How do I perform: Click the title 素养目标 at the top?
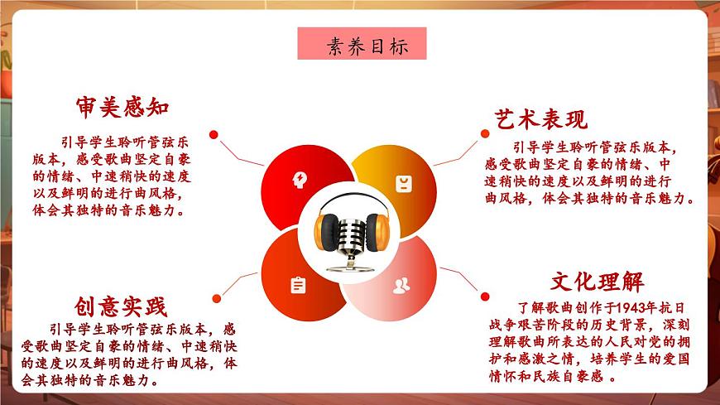pyautogui.click(x=362, y=45)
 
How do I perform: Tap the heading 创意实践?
pyautogui.click(x=121, y=307)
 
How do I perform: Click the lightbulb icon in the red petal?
pyautogui.click(x=298, y=178)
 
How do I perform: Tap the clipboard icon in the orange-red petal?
pyautogui.click(x=297, y=286)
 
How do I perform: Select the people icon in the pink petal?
pyautogui.click(x=401, y=287)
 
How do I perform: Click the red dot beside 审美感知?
pyautogui.click(x=214, y=134)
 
